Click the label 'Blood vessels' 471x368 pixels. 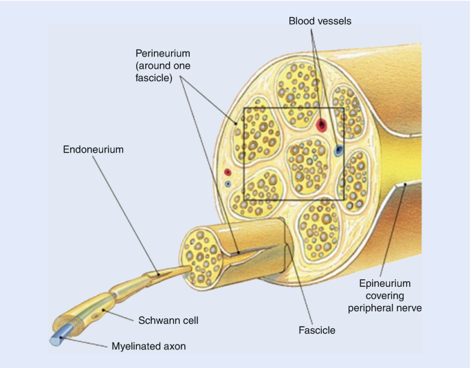[x=320, y=21]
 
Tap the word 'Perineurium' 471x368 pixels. [x=162, y=52]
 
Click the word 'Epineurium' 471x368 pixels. [x=385, y=283]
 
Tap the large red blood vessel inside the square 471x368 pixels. [x=321, y=125]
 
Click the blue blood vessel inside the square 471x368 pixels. [x=338, y=149]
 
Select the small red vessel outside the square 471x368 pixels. [x=228, y=173]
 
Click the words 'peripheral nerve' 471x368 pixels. [x=385, y=308]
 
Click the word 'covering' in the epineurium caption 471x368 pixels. [x=385, y=296]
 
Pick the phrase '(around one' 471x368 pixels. [x=162, y=65]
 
